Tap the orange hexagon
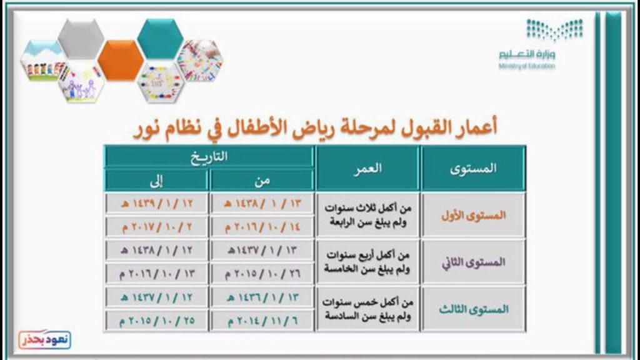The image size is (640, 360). [121, 60]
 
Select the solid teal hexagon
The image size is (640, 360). [160, 39]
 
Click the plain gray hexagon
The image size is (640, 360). [81, 39]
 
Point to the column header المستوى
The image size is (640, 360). [473, 168]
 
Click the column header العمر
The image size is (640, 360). [367, 168]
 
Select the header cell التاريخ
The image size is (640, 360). [209, 157]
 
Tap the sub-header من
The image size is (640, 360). [262, 181]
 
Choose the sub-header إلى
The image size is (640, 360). [157, 181]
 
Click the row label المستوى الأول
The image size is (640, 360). [473, 216]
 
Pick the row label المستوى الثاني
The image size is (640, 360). [473, 262]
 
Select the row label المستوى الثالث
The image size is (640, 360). [473, 309]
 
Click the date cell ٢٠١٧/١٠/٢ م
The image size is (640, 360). [157, 227]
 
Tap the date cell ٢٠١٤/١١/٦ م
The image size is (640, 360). [262, 321]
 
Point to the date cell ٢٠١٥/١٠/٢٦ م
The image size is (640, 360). [262, 274]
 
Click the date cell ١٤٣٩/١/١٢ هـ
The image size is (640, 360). [157, 203]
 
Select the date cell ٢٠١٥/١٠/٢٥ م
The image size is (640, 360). [157, 321]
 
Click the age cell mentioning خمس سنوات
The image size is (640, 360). [367, 309]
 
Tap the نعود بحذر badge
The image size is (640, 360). [44, 339]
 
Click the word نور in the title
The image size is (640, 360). [146, 129]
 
